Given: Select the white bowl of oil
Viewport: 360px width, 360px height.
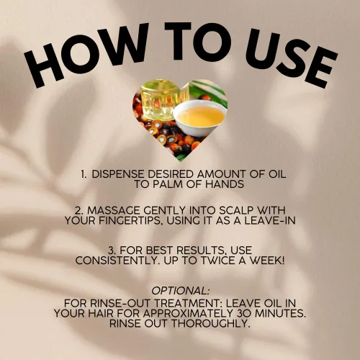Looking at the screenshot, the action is [x=200, y=117].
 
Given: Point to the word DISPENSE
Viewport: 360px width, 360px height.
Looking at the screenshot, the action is [x=118, y=174].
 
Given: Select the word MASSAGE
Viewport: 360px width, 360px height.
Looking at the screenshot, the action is [x=114, y=210].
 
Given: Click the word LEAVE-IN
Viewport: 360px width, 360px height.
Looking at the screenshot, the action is [x=270, y=220].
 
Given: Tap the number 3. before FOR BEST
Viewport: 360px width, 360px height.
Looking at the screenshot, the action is [x=112, y=251].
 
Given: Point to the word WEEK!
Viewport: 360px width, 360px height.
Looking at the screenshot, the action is [x=267, y=261].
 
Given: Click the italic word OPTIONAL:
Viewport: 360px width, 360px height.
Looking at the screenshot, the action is [x=181, y=291].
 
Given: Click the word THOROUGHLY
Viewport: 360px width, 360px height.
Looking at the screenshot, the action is [x=210, y=323].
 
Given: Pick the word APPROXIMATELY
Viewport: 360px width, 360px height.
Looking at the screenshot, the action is [x=189, y=313].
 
